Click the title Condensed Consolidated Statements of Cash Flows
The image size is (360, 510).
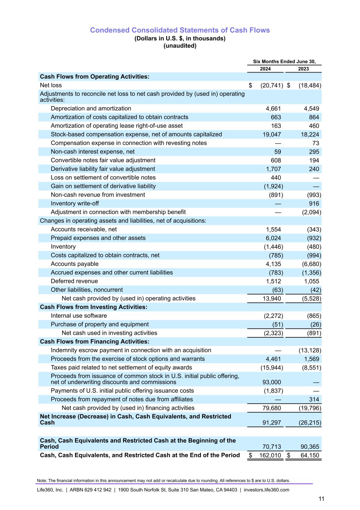pos(180,30)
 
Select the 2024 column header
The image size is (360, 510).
pos(265,69)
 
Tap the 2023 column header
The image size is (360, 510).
pos(303,69)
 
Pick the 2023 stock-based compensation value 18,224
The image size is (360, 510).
pos(310,135)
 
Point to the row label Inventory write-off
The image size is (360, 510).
pos(75,204)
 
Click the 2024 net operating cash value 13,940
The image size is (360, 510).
pos(271,299)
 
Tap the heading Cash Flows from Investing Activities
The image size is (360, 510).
pos(94,307)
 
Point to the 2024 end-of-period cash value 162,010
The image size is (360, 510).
pos(270,455)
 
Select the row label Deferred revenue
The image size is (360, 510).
pos(74,281)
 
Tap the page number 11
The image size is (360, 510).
pos(321,499)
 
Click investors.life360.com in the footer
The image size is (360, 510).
pos(266,490)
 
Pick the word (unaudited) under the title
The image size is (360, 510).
pos(180,46)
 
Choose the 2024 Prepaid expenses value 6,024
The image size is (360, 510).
pos(273,238)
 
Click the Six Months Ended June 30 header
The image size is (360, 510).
pos(284,62)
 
